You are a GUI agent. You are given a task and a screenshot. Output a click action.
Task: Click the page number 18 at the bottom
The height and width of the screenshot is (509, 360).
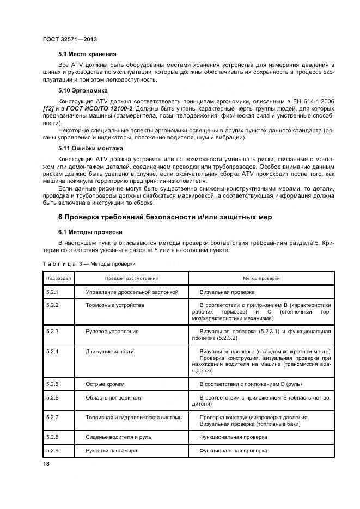pyautogui.click(x=46, y=463)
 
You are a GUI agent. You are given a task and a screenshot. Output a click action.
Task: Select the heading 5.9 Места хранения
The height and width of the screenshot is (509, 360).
pyautogui.click(x=87, y=54)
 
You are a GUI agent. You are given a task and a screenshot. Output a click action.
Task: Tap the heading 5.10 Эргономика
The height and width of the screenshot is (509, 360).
pyautogui.click(x=83, y=90)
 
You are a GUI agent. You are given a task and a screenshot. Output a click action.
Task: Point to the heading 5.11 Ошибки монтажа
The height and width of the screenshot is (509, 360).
pyautogui.click(x=90, y=148)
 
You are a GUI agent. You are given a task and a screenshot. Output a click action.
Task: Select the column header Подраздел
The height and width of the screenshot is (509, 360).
pyautogui.click(x=58, y=278)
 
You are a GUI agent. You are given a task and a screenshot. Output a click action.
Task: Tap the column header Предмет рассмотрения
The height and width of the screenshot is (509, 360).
pyautogui.click(x=131, y=278)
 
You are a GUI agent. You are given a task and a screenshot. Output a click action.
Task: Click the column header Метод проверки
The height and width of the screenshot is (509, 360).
pyautogui.click(x=261, y=278)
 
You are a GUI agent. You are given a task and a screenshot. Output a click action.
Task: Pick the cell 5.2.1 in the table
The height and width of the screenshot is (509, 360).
pyautogui.click(x=53, y=292)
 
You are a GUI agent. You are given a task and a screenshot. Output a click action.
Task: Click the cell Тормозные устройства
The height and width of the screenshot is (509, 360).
pyautogui.click(x=115, y=305)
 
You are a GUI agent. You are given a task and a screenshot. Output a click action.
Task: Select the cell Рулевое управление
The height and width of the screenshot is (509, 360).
pyautogui.click(x=112, y=332)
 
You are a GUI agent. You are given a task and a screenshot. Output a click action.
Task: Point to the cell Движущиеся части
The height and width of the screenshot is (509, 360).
pyautogui.click(x=109, y=352)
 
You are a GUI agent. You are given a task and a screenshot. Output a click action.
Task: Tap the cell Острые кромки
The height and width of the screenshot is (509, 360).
pyautogui.click(x=105, y=384)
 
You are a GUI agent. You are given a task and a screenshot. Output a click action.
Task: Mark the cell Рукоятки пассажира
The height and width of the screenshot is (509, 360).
pyautogui.click(x=111, y=451)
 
